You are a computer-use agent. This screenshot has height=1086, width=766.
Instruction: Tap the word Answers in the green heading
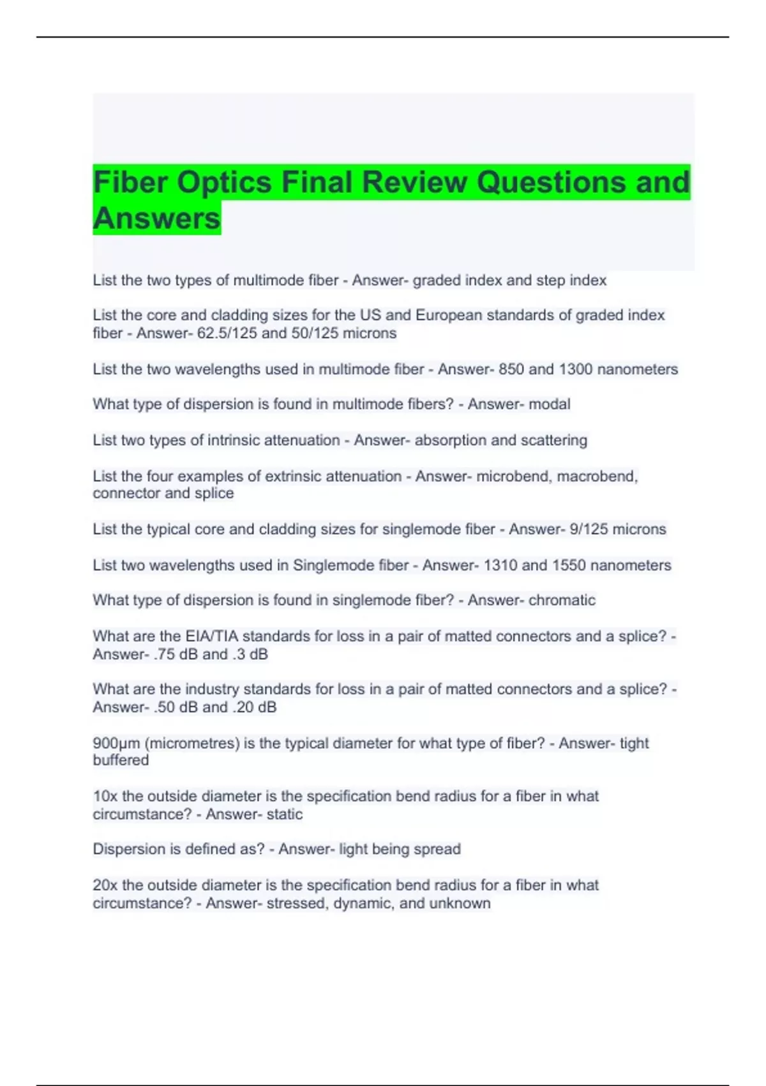point(156,218)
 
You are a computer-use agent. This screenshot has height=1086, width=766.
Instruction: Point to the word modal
point(551,404)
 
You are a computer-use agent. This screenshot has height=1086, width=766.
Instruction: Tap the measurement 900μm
point(116,744)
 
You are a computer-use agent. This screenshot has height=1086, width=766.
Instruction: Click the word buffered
point(121,761)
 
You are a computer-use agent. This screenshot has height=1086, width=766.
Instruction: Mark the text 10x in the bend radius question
point(105,797)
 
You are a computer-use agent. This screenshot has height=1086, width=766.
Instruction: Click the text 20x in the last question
point(105,885)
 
